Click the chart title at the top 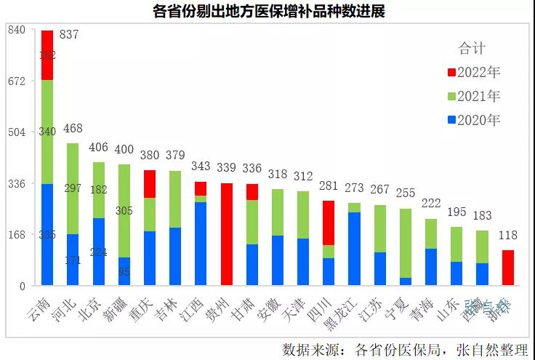click(268, 12)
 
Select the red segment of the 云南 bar click(47, 55)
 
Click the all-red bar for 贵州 click(227, 233)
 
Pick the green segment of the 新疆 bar click(124, 211)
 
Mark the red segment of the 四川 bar click(329, 223)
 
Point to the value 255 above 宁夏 click(405, 193)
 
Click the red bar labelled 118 click(508, 267)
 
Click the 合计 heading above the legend click(471, 49)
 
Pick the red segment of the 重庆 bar click(149, 184)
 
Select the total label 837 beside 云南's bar click(70, 35)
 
